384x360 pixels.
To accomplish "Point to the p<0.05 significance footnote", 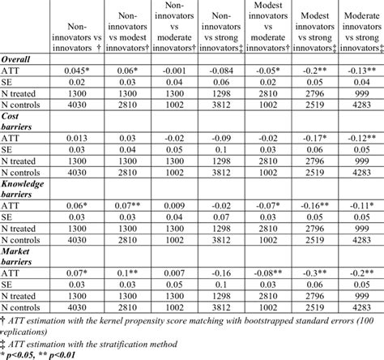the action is coord(49,354).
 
